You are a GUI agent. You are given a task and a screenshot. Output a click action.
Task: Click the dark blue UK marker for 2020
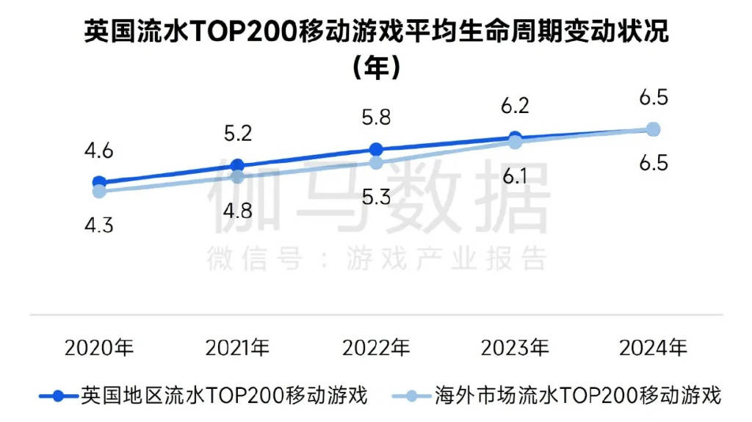[x=99, y=182]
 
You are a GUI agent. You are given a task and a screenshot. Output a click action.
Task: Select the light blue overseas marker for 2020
[x=99, y=192]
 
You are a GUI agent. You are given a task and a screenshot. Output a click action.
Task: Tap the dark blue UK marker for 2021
[x=237, y=166]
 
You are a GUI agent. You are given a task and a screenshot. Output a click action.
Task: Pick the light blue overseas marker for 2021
[x=237, y=177]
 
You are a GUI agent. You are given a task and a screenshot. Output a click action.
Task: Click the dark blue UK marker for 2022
[x=376, y=149]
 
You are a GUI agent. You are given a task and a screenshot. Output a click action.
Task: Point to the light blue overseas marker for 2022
[x=376, y=163]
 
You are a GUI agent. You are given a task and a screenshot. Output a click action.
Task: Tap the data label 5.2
[x=237, y=134]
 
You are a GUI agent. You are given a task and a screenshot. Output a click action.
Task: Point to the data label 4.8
[x=237, y=211]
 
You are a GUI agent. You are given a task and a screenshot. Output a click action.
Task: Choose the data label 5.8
[x=376, y=117]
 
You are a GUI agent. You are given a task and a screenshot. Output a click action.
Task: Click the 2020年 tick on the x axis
[x=99, y=346]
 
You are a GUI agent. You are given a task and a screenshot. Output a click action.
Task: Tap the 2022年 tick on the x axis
[x=376, y=346]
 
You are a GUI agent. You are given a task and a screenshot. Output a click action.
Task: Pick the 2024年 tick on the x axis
[x=654, y=346]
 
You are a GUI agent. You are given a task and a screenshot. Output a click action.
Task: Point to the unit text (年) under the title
[x=376, y=68]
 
